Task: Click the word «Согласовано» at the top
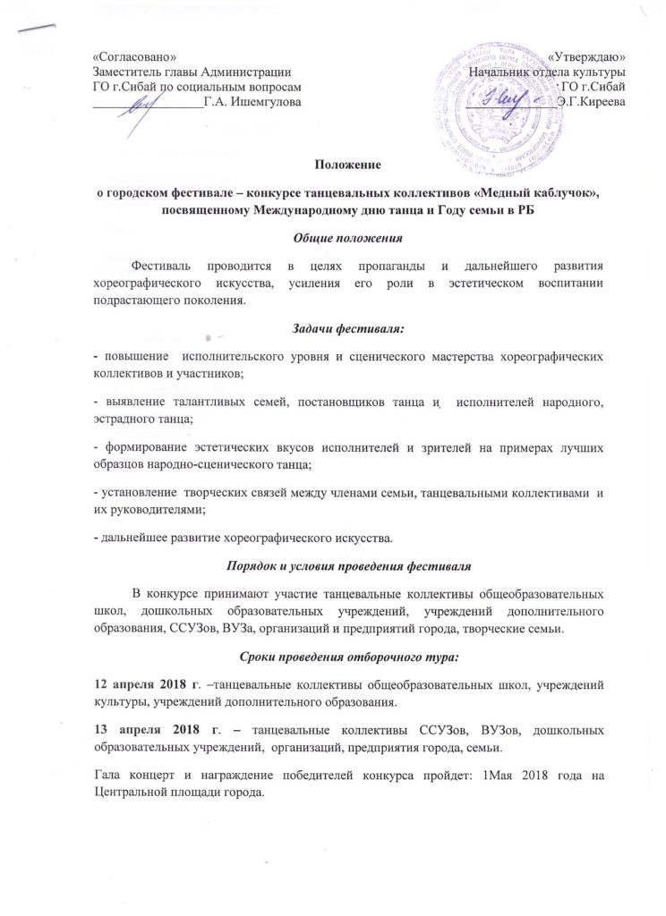128,56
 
